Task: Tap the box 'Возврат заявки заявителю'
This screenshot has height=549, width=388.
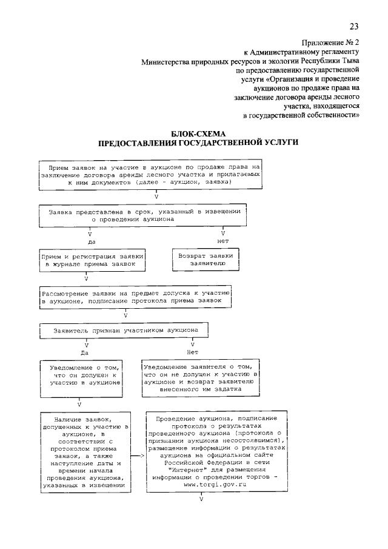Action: [x=206, y=260]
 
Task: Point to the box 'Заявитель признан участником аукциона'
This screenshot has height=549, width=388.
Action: [x=124, y=331]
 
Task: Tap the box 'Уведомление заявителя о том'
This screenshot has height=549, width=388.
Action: [x=200, y=379]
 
